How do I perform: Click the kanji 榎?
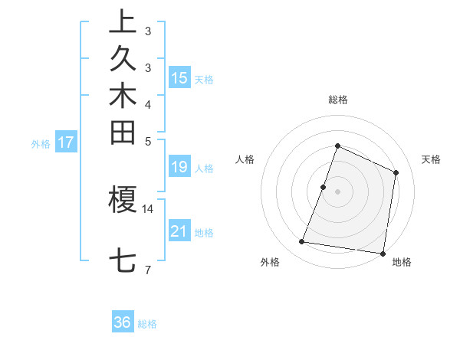(123, 198)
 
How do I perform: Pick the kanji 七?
(123, 260)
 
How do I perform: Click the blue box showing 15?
(179, 77)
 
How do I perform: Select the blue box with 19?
(179, 166)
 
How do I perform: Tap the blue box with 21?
(179, 231)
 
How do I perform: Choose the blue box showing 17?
(67, 142)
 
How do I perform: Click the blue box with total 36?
(123, 322)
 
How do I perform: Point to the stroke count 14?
(147, 208)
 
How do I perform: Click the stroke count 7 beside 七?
(147, 269)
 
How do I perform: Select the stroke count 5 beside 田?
(147, 140)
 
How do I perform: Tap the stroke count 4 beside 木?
(147, 103)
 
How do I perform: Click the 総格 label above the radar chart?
(338, 100)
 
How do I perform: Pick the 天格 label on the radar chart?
(432, 159)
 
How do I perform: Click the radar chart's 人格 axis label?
(245, 159)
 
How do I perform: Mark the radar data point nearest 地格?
(382, 253)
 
